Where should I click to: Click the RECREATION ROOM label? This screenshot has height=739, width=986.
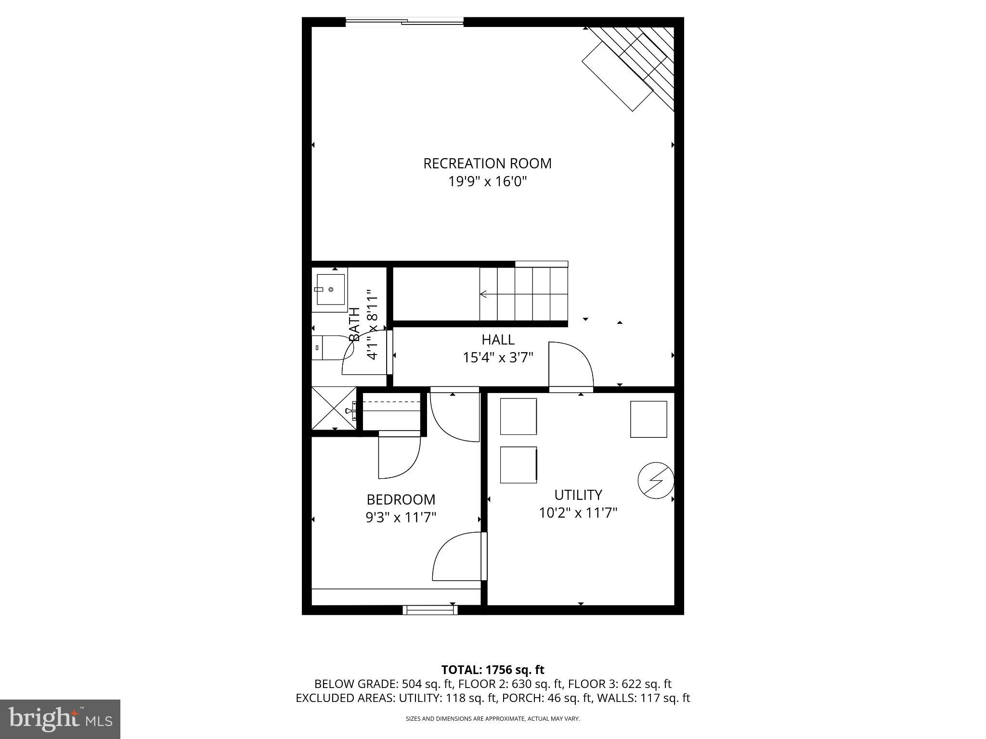(x=487, y=164)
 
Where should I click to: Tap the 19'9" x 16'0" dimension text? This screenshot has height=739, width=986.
(x=488, y=182)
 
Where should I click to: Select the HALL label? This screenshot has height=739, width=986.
(x=498, y=340)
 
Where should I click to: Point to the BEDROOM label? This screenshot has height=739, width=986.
(x=401, y=499)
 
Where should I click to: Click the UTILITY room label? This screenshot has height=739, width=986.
(x=578, y=495)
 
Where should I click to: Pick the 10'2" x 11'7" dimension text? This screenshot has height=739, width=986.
(x=578, y=513)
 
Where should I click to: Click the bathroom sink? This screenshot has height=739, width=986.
(x=331, y=290)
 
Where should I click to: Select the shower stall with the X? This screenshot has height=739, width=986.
(x=334, y=408)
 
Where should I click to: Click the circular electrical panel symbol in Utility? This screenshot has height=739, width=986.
(x=655, y=480)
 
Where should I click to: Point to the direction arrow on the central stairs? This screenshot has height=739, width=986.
(x=483, y=294)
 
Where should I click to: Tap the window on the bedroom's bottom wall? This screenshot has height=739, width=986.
(x=430, y=610)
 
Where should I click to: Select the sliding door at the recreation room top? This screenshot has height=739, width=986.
(x=404, y=21)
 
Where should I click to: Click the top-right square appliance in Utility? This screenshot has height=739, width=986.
(x=649, y=419)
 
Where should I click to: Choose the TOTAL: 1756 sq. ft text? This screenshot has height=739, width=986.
(x=493, y=669)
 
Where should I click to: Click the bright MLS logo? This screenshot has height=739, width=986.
(x=60, y=719)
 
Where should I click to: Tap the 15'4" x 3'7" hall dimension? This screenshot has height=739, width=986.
(x=498, y=358)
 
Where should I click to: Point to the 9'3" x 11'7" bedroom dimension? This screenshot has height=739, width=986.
(x=401, y=518)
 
